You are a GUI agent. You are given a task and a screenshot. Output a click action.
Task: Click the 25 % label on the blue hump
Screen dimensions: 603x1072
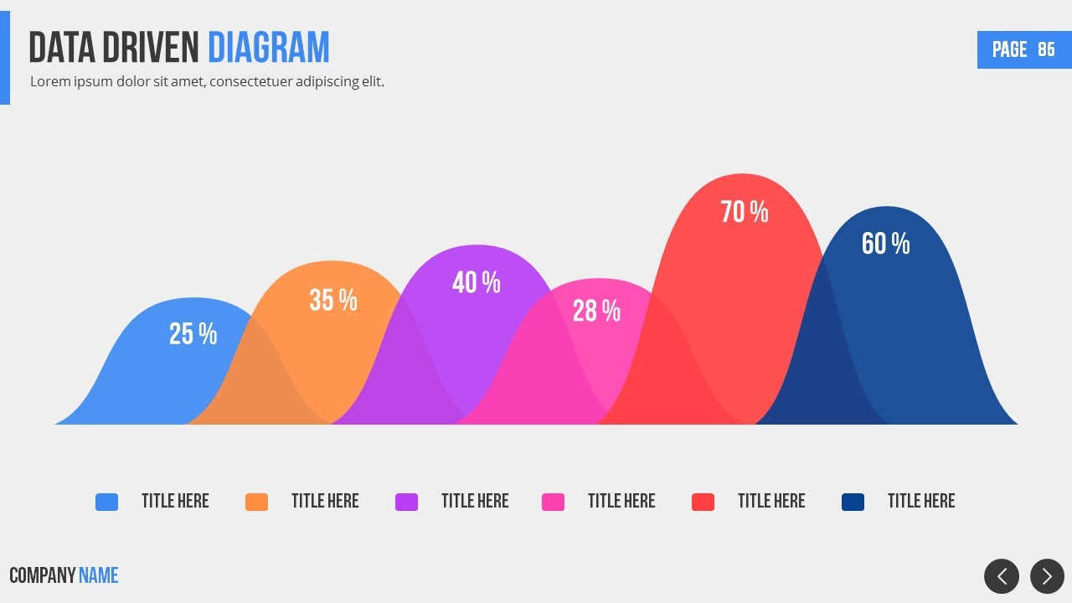point(193,334)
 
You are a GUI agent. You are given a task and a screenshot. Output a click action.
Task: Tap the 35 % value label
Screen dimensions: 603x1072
point(333,300)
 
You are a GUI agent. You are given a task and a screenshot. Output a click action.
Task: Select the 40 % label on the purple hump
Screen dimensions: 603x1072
point(476,282)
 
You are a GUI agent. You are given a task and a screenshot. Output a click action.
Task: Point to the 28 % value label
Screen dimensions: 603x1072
point(596,311)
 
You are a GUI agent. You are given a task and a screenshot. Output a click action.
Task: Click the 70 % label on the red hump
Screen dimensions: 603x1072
point(745,212)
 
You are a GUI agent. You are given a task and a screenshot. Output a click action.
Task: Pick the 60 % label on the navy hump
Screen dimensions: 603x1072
point(885,244)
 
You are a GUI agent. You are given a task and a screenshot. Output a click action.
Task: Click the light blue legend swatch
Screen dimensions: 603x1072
point(106,502)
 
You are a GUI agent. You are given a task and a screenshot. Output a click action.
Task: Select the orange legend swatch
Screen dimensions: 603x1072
point(256,502)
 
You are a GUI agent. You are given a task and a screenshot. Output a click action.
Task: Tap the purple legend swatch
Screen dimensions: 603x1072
point(406,502)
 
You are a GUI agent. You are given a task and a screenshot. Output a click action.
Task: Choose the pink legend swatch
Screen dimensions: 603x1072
point(553,502)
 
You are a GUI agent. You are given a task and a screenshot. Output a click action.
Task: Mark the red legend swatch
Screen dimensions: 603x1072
point(703,502)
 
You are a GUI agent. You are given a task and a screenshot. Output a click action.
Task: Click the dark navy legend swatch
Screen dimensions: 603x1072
point(853,502)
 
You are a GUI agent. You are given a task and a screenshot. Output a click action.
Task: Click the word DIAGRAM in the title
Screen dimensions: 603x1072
point(269,48)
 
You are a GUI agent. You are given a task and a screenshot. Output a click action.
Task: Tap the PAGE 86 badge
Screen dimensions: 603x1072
point(1023,49)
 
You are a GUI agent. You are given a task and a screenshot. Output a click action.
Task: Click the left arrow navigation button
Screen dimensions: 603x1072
point(1002,576)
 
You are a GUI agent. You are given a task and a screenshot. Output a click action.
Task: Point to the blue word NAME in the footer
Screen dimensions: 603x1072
point(98,575)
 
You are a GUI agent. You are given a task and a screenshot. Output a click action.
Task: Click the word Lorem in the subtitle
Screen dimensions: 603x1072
point(49,82)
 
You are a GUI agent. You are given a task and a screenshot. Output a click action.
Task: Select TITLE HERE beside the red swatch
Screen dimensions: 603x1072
point(771,501)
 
